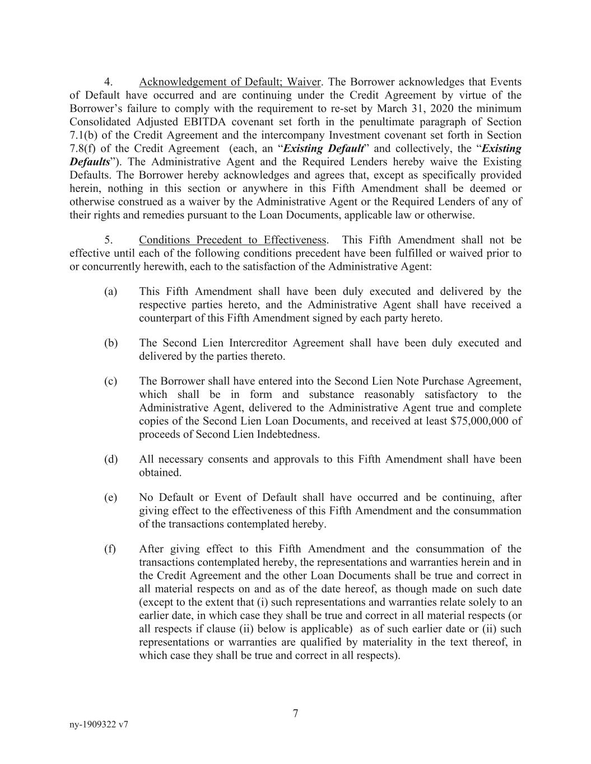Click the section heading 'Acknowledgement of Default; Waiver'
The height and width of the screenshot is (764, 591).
230,82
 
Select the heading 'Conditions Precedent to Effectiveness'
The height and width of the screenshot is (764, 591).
232,240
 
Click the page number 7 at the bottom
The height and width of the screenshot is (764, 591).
295,713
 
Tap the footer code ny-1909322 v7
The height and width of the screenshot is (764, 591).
99,724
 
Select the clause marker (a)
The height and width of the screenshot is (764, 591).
110,292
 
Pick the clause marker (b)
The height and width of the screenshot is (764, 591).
110,343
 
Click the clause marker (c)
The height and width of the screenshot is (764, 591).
110,381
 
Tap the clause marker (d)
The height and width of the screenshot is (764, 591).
110,460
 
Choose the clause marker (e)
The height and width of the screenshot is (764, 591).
110,498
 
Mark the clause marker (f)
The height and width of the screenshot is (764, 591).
110,549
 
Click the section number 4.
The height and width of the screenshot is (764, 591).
109,82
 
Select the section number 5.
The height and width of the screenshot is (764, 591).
109,240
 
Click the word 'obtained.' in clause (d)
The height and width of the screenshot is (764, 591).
160,472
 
